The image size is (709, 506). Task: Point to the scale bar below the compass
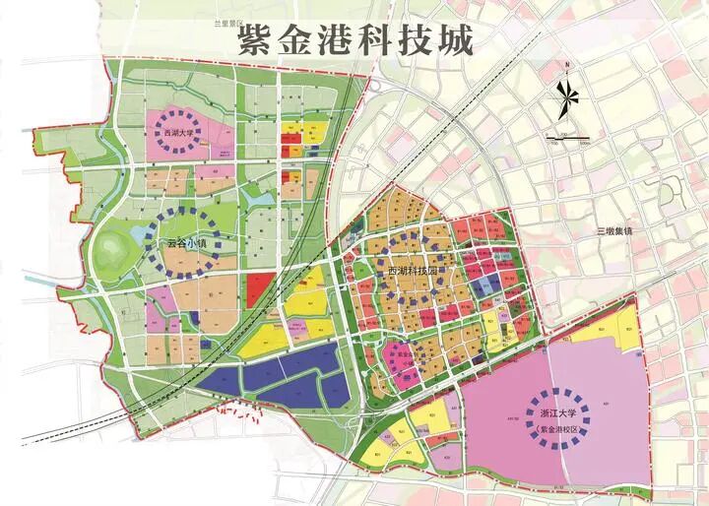568,138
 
